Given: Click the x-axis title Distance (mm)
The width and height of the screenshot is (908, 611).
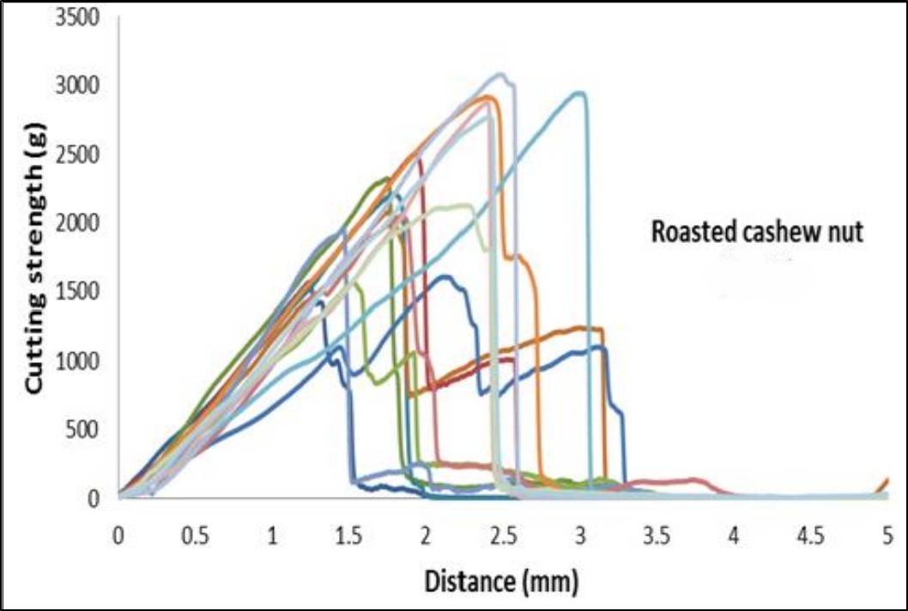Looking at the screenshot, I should tap(501, 582).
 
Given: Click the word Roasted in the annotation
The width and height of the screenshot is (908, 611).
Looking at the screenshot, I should tap(687, 233).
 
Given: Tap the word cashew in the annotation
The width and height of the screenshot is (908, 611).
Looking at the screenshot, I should tap(774, 233).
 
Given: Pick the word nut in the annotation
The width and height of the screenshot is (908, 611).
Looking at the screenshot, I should tap(845, 233).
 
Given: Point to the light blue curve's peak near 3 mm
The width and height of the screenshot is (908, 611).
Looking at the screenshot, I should tap(579, 93).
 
